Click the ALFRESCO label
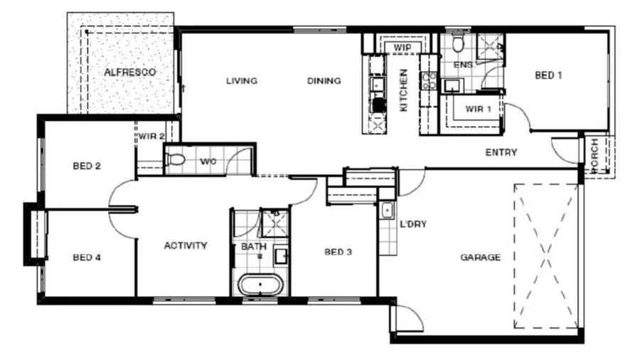[130, 73]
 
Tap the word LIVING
[242, 81]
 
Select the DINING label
[324, 81]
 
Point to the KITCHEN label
[403, 90]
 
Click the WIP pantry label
[402, 48]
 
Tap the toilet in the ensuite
[459, 43]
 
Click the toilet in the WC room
[175, 159]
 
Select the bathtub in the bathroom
[260, 285]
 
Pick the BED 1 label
[548, 75]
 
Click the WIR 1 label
[478, 109]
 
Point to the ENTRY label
[501, 152]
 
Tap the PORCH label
[594, 156]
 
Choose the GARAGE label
[481, 257]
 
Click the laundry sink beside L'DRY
[387, 211]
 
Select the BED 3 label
[338, 252]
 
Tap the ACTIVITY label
[186, 245]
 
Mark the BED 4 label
[87, 257]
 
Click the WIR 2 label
[151, 137]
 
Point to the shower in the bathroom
[274, 223]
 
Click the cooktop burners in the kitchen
[430, 81]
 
